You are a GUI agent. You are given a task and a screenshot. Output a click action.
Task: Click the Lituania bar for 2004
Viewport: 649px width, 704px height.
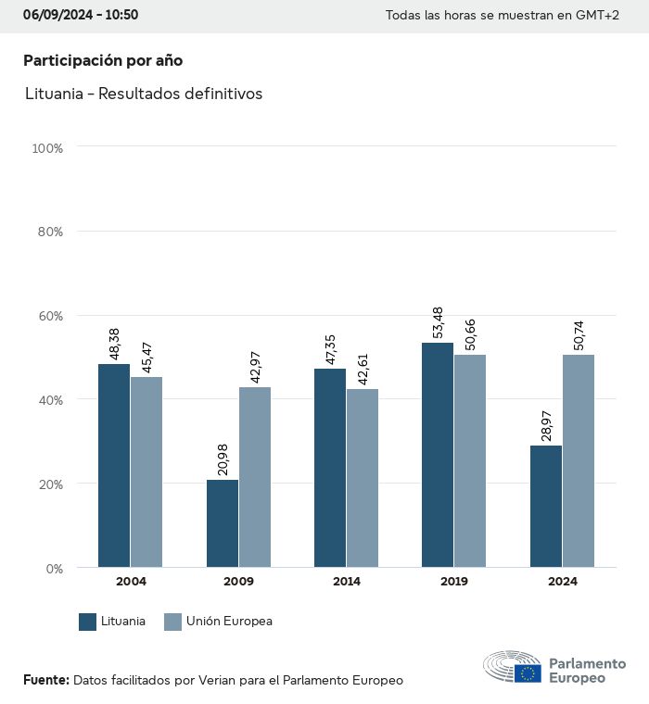[114, 465]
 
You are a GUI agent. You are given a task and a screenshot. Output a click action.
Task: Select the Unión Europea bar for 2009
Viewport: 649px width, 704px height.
[255, 477]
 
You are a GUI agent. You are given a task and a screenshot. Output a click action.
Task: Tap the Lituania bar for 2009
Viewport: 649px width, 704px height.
[223, 523]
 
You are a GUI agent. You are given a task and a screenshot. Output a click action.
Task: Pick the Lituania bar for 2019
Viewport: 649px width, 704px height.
[438, 455]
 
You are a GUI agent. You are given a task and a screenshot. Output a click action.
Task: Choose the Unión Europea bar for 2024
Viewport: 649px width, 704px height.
[579, 460]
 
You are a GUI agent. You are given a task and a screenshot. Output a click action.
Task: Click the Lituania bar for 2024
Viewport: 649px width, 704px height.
[546, 507]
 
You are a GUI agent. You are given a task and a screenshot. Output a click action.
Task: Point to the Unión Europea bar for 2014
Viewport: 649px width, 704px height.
[363, 478]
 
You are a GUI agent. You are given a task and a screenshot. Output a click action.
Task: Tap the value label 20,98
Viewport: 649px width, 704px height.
[223, 457]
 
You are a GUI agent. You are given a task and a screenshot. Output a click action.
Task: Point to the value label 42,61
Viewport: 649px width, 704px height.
[363, 365]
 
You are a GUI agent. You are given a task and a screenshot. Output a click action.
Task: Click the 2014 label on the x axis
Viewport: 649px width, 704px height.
[347, 582]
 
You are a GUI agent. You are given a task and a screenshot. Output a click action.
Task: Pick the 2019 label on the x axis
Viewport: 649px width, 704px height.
[454, 582]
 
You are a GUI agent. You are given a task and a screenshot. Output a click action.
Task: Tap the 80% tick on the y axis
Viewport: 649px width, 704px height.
[49, 232]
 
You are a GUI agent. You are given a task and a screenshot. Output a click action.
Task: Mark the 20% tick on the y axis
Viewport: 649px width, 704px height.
[49, 484]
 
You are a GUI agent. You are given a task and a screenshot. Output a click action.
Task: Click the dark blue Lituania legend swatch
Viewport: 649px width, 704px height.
[88, 622]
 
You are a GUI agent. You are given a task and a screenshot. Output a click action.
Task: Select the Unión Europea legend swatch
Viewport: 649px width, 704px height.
[172, 622]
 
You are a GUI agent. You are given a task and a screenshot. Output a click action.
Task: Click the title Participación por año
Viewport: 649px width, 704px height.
[103, 60]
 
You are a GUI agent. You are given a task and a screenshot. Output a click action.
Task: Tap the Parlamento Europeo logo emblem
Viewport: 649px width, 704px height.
[512, 667]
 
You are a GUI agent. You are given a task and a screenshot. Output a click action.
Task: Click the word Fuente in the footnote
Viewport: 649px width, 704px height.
[45, 680]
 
